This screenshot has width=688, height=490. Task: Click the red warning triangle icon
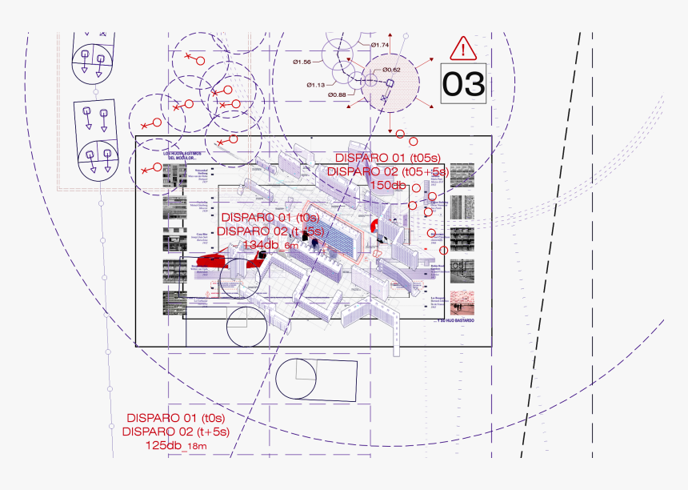point(462,49)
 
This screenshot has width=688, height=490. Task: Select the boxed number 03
point(464,83)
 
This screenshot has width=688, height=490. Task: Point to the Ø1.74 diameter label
point(380,45)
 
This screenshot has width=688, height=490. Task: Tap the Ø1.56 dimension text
point(302,62)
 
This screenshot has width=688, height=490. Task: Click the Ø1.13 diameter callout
point(315,85)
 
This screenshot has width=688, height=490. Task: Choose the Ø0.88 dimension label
point(337,95)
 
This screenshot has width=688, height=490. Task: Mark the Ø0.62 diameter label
point(391,70)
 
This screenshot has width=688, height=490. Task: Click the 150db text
point(388,185)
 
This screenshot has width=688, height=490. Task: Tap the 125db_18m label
point(176,444)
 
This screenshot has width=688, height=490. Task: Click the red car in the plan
point(212,261)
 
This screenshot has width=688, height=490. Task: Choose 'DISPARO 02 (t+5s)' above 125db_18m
point(176,432)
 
